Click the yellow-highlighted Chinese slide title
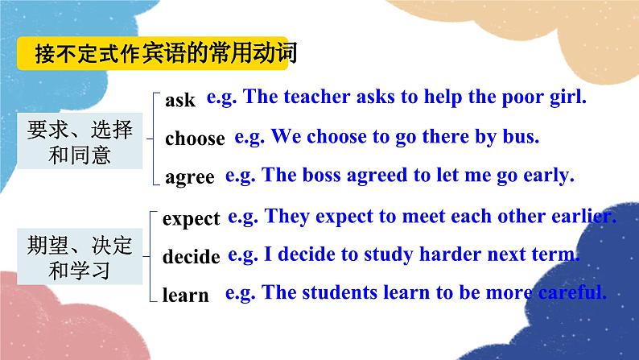tap(165, 55)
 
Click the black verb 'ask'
tap(179, 101)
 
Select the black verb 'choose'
tap(195, 139)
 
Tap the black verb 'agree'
tap(189, 177)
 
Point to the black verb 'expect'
tap(191, 218)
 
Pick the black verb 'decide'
tap(191, 257)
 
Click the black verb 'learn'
tap(185, 296)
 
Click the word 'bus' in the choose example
tap(519, 136)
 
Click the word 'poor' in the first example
tap(506, 97)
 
